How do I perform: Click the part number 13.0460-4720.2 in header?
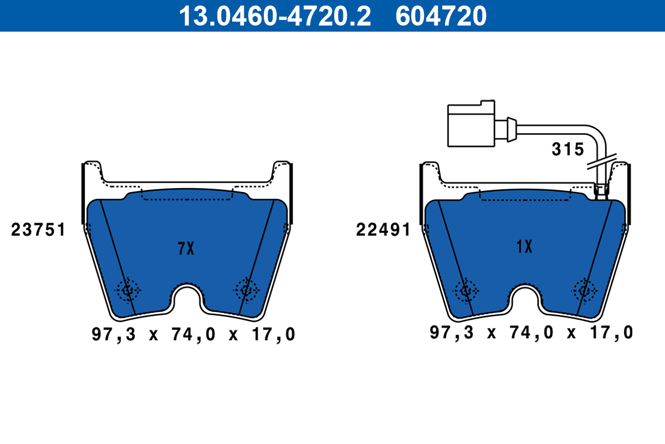(x=274, y=16)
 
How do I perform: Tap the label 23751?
(x=38, y=230)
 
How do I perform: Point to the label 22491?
(x=383, y=230)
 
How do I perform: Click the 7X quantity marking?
(x=186, y=249)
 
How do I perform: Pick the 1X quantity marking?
(x=524, y=246)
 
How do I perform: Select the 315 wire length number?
(x=567, y=149)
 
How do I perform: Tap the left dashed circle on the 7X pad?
(x=129, y=289)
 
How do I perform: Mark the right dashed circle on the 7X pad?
(x=246, y=289)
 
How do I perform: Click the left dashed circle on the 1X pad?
(x=465, y=290)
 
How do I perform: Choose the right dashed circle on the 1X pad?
(x=584, y=290)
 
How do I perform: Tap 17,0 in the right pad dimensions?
(x=611, y=332)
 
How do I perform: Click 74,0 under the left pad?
(x=193, y=335)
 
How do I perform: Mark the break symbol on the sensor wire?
(x=601, y=162)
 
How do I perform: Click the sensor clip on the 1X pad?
(x=601, y=191)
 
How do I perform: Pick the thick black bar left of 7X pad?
(x=83, y=191)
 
